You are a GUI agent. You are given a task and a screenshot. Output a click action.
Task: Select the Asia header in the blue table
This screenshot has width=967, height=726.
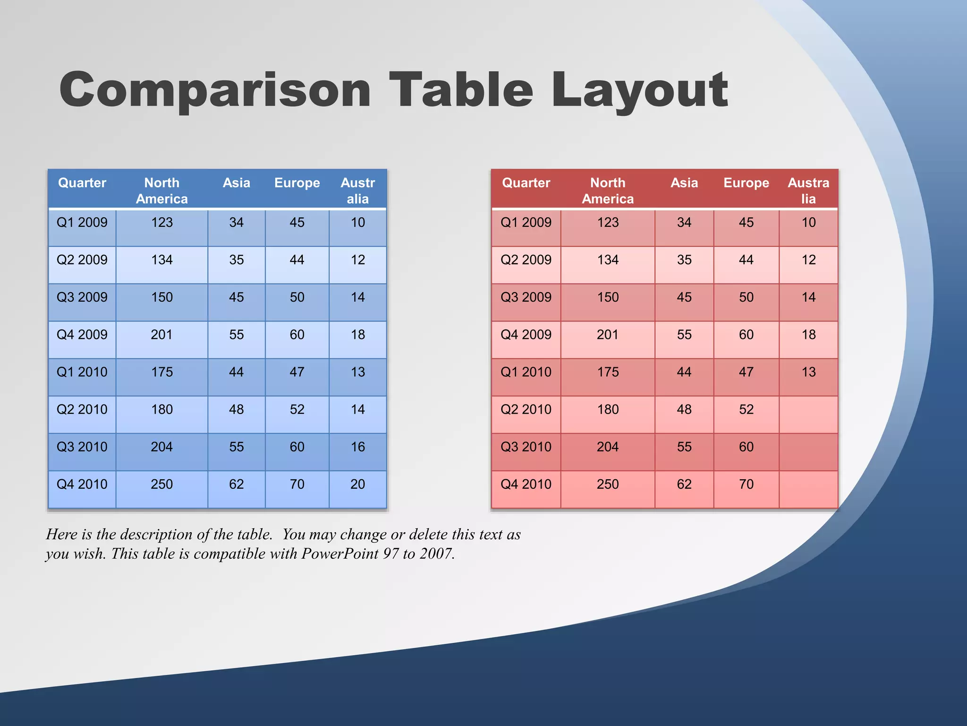(x=236, y=183)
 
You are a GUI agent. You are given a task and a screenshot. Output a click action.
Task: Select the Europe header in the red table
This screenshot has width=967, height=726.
(x=746, y=183)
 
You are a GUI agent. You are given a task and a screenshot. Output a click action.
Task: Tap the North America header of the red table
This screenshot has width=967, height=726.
(x=608, y=190)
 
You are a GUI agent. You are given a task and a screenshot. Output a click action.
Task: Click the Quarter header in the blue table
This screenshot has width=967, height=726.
(x=82, y=183)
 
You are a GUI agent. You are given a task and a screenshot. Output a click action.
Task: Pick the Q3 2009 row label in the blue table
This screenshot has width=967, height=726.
(x=82, y=297)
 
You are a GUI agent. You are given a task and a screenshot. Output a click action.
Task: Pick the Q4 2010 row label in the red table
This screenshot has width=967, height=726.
(x=526, y=484)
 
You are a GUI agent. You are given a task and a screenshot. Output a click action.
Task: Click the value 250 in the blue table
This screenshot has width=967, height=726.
(x=161, y=484)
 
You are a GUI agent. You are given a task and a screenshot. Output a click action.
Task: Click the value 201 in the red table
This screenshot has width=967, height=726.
(x=607, y=335)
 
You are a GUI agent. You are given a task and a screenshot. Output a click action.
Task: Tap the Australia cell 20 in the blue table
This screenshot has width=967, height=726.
(x=357, y=484)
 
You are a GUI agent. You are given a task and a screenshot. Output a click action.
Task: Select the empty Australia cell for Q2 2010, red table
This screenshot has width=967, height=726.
(x=808, y=415)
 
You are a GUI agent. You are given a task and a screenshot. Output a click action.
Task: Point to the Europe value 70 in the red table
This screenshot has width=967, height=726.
(x=746, y=484)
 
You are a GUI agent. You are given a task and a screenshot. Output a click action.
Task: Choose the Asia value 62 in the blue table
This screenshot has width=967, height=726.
(x=236, y=484)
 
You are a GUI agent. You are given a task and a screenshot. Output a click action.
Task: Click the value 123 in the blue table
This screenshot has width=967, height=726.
(x=161, y=223)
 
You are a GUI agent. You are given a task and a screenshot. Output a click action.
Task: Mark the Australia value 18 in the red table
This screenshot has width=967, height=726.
(x=808, y=335)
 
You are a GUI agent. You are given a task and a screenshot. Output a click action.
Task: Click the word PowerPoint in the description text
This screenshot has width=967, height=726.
(x=339, y=553)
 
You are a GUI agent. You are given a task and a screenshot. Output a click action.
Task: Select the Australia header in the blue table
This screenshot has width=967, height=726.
(x=357, y=190)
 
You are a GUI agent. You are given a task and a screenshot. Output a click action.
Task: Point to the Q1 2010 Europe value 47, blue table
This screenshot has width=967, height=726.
(x=297, y=372)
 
